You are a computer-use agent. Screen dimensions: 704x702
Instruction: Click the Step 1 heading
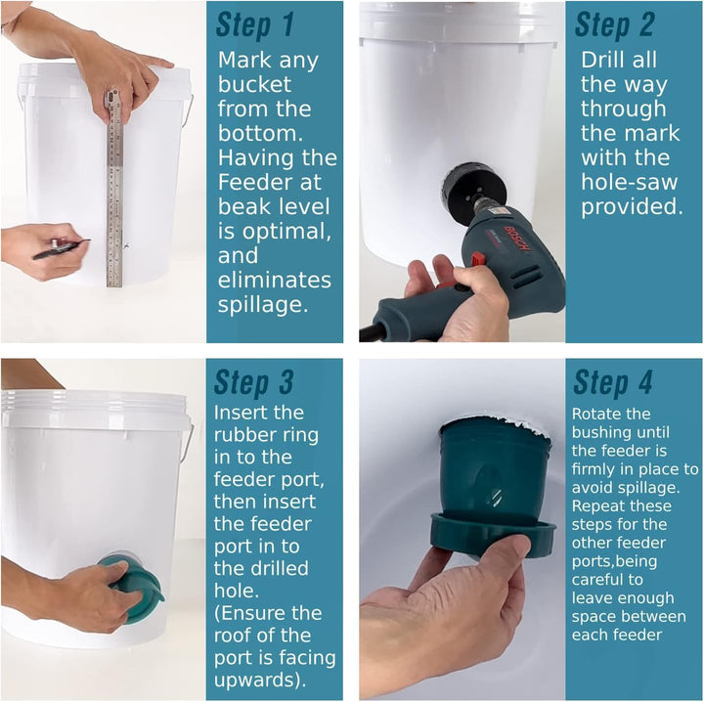pyautogui.click(x=254, y=24)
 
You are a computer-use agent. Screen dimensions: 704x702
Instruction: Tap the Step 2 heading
pyautogui.click(x=614, y=24)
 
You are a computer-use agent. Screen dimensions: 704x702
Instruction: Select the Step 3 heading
pyautogui.click(x=253, y=382)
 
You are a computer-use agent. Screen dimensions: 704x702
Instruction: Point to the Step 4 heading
pyautogui.click(x=613, y=382)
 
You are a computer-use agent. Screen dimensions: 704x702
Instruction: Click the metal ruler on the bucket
pyautogui.click(x=114, y=189)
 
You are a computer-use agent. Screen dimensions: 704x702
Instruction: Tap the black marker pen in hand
pyautogui.click(x=62, y=248)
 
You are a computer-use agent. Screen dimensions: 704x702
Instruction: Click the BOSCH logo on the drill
pyautogui.click(x=517, y=239)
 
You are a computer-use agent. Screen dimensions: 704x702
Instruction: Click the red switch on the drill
pyautogui.click(x=477, y=259)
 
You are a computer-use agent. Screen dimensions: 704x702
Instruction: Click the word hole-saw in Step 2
pyautogui.click(x=629, y=182)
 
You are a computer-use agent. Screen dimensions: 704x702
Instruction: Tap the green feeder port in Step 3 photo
pyautogui.click(x=135, y=589)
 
